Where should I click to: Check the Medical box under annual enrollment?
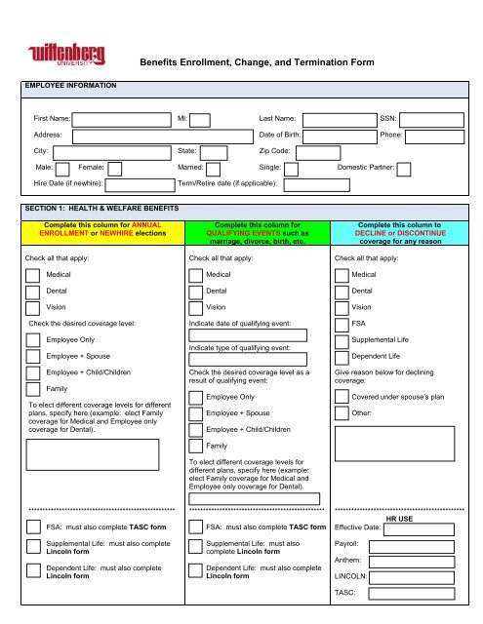point(36,276)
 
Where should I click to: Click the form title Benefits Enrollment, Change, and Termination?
point(258,62)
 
